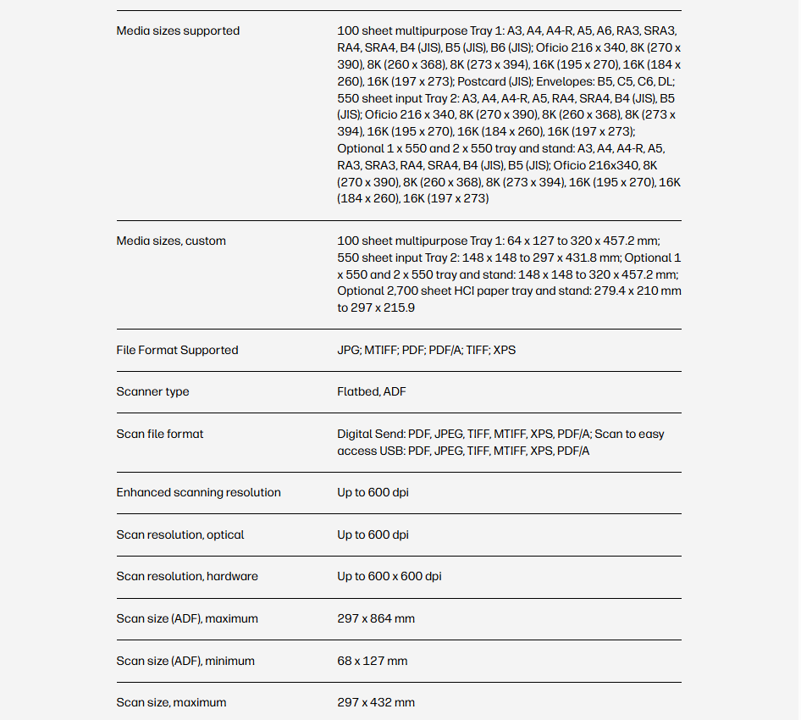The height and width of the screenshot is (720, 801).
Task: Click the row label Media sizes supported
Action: point(178,31)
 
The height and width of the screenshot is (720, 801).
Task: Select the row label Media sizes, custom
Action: point(171,241)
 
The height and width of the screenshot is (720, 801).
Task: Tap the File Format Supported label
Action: point(177,351)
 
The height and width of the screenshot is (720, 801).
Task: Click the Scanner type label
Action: point(152,392)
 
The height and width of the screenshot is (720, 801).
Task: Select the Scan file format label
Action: point(160,435)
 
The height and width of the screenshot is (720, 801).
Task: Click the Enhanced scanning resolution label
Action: point(198,493)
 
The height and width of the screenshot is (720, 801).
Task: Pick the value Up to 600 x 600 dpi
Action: point(389,577)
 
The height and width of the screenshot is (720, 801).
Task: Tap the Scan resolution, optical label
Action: point(180,535)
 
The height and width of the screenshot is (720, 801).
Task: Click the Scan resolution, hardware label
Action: point(187,577)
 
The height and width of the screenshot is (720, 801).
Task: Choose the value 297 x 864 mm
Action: point(376,619)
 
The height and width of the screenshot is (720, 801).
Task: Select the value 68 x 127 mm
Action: point(372,662)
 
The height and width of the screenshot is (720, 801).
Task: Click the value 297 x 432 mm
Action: point(376,703)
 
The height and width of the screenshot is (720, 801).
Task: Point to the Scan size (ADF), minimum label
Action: point(185,662)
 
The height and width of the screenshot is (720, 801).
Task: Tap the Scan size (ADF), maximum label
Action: point(187,619)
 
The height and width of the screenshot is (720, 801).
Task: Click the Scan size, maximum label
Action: point(171,703)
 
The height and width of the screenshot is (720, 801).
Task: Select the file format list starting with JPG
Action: point(426,351)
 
